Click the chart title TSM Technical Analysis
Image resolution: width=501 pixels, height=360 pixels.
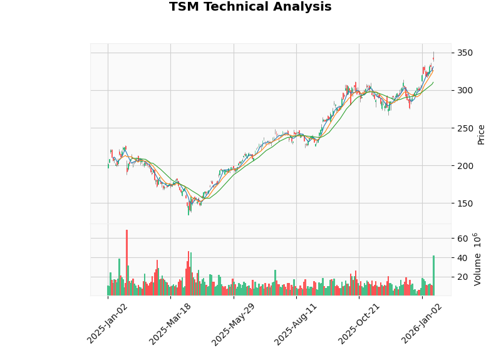pos(250,8)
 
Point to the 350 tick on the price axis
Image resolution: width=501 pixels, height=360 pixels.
pos(464,53)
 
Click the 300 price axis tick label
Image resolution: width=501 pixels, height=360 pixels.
pos(464,90)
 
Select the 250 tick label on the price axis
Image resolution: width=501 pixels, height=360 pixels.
pos(464,128)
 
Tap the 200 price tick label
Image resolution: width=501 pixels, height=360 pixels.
pos(464,166)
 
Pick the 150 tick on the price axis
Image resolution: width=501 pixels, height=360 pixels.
pos(464,203)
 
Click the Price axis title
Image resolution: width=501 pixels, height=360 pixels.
pos(481,134)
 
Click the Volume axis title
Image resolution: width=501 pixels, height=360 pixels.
pos(477,259)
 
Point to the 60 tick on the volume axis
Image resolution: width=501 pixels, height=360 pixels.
pos(462,239)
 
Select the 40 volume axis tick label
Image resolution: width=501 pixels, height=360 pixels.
pos(462,258)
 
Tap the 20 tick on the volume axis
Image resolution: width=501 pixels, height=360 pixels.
pos(462,277)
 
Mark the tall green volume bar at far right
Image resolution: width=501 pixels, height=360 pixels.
pos(433,275)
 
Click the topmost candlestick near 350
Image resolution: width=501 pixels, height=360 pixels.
pos(433,56)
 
